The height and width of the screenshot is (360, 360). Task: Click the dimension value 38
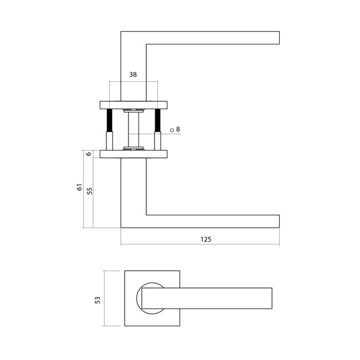[x=133, y=74]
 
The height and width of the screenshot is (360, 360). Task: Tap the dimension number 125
[x=205, y=240]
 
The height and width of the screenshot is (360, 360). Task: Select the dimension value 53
[x=97, y=299]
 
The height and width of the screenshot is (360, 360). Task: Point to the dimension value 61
[x=79, y=188]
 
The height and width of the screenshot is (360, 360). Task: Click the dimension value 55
[x=89, y=189]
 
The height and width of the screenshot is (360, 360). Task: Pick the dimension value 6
[x=89, y=154]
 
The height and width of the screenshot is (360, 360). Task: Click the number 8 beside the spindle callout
[x=178, y=130]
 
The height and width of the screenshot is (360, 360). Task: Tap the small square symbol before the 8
[x=172, y=130]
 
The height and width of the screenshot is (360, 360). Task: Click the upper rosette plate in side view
[x=133, y=104]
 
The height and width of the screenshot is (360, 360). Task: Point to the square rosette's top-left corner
[x=125, y=271]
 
